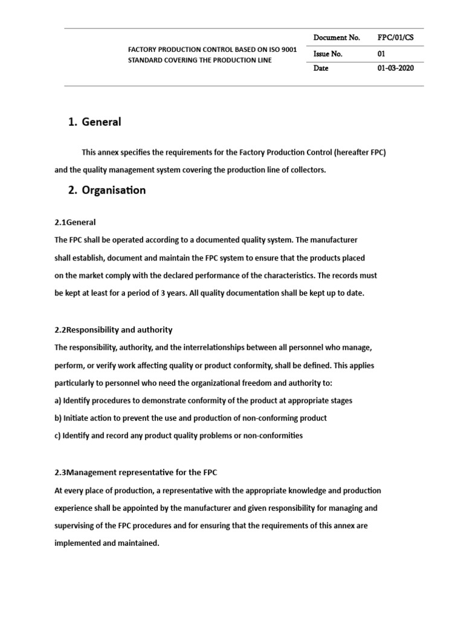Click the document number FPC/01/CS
pyautogui.click(x=396, y=37)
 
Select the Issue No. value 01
pyautogui.click(x=381, y=54)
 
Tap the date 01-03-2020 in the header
pyautogui.click(x=396, y=68)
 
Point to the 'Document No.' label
pyautogui.click(x=337, y=37)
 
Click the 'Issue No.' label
pyautogui.click(x=328, y=54)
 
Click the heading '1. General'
pyautogui.click(x=95, y=122)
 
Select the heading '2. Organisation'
pyautogui.click(x=107, y=190)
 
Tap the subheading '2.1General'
pyautogui.click(x=75, y=222)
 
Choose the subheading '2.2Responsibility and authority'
pyautogui.click(x=114, y=330)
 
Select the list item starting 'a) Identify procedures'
pyautogui.click(x=203, y=400)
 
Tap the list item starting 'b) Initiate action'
pyautogui.click(x=190, y=418)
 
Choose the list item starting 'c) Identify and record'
pyautogui.click(x=178, y=435)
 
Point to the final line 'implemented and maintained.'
pyautogui.click(x=107, y=543)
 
